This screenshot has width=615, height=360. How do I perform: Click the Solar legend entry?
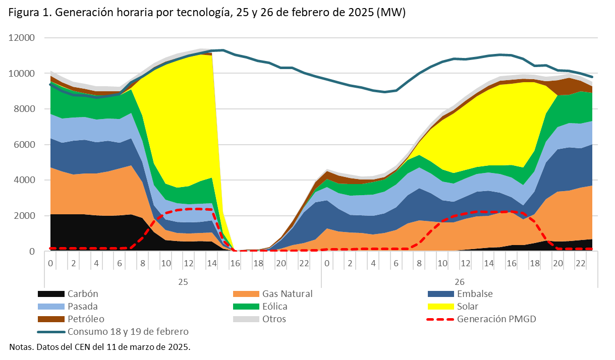(x=467, y=306)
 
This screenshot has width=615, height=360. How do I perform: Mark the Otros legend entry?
(x=274, y=319)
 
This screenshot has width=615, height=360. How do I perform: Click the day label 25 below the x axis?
(x=183, y=280)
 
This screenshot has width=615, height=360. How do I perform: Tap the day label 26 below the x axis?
(x=460, y=280)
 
